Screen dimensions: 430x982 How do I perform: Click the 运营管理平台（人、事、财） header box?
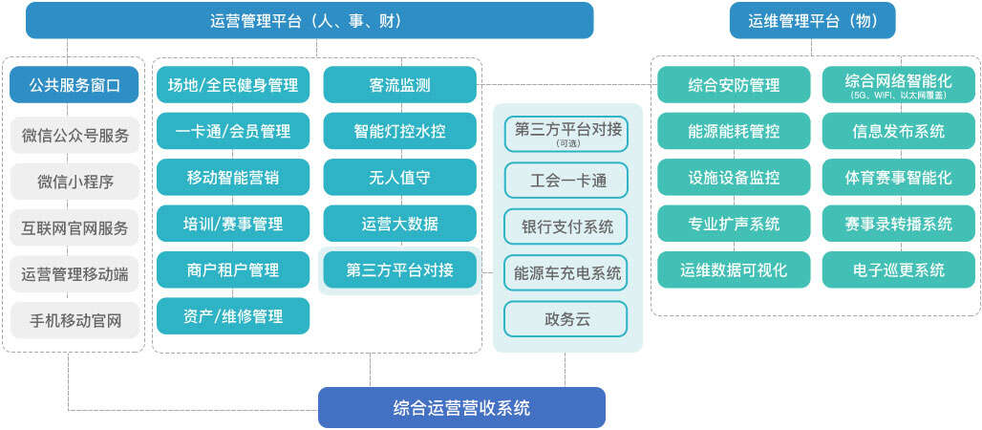(309, 20)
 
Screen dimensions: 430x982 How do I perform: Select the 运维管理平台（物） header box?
(812, 20)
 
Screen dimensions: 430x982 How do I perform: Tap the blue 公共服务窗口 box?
(75, 85)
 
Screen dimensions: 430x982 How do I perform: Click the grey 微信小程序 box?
(75, 182)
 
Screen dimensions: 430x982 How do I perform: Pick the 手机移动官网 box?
(75, 320)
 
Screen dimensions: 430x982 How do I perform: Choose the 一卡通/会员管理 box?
(232, 131)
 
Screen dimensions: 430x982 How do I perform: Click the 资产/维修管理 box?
(232, 316)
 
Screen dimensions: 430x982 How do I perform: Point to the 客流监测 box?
(399, 85)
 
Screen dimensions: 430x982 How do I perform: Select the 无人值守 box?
(399, 178)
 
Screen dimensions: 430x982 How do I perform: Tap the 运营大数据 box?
(399, 224)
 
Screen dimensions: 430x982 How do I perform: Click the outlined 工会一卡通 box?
(566, 179)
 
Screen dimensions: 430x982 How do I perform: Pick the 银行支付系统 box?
(566, 226)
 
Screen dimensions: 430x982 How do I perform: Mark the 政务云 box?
(566, 319)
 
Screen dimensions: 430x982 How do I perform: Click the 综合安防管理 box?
(734, 85)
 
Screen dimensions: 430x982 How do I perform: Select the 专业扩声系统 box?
(734, 224)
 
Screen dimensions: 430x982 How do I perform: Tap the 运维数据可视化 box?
(734, 269)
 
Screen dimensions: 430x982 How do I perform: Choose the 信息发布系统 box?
(898, 131)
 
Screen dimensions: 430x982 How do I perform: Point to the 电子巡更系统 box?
(898, 269)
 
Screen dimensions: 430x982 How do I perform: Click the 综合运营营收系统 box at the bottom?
(461, 408)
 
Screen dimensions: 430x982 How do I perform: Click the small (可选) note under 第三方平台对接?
(566, 142)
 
